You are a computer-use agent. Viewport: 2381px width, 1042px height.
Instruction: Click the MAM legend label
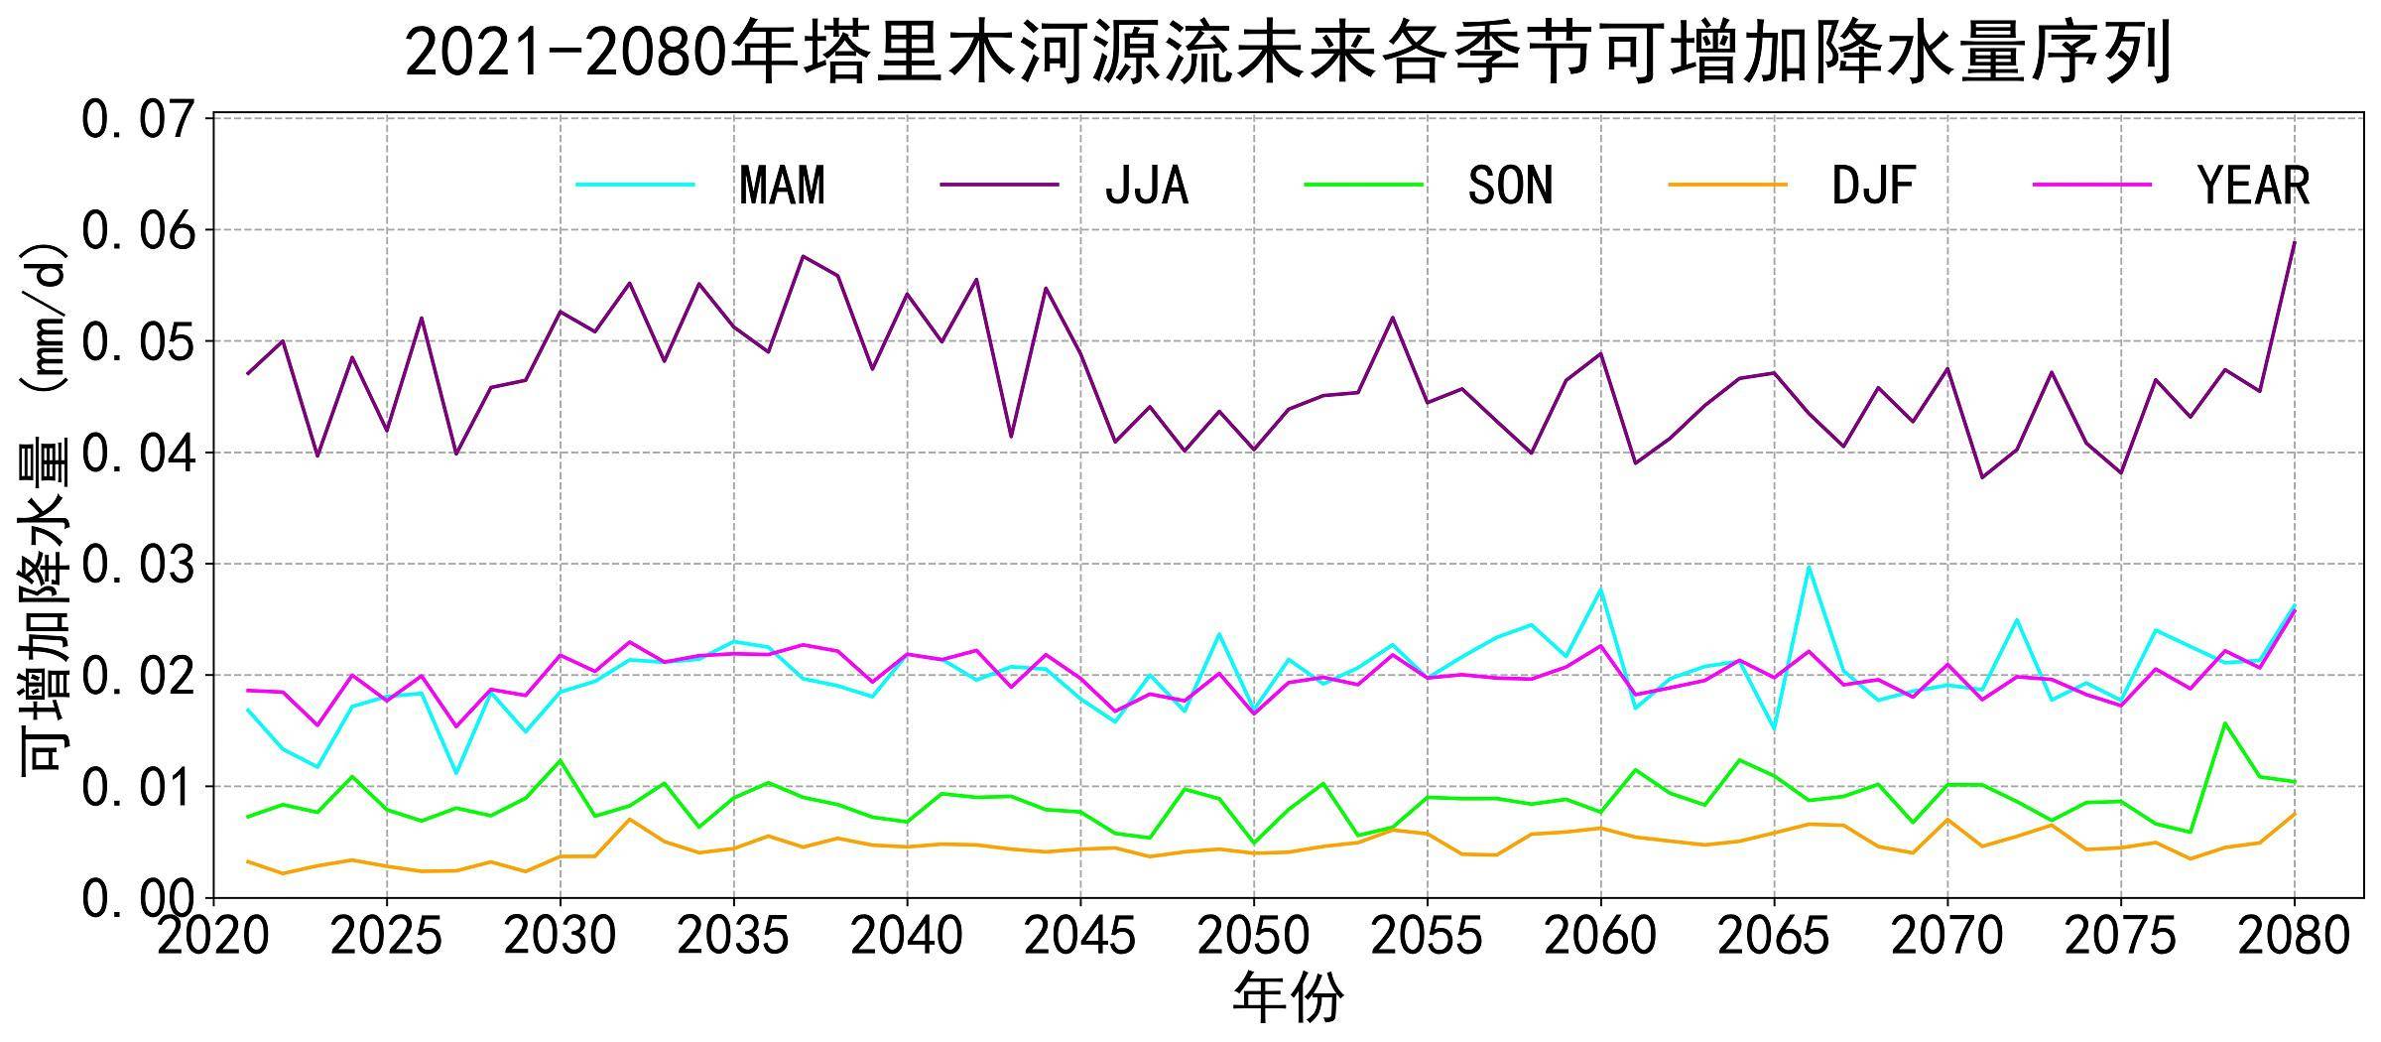[782, 186]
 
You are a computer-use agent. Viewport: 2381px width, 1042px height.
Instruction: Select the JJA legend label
[1146, 186]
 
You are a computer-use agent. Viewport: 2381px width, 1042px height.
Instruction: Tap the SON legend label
[1510, 186]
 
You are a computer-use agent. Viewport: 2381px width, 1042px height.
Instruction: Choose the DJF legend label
[1873, 186]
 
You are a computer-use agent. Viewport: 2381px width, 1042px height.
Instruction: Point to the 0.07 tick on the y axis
[138, 120]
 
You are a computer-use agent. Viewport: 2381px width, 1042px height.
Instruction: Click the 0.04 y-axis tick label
[138, 454]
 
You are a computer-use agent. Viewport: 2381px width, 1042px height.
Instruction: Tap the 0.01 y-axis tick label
[138, 788]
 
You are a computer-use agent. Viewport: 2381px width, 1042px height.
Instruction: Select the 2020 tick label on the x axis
[213, 936]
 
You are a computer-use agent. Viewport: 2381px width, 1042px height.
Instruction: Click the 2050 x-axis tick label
[1254, 936]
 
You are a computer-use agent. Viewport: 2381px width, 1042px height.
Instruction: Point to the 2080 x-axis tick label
[2294, 936]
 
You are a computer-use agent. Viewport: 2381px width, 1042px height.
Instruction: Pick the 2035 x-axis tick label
[733, 936]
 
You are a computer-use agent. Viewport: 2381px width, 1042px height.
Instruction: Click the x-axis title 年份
[1288, 998]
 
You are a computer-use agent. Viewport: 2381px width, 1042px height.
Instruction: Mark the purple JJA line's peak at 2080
[2294, 241]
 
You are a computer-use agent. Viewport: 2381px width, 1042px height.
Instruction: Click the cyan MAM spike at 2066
[1809, 567]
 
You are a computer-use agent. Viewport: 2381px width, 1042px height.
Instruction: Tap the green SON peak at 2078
[2224, 722]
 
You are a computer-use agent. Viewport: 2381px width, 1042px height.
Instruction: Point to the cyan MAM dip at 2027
[455, 773]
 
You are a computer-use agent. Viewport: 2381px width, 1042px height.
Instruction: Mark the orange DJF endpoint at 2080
[2294, 814]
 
